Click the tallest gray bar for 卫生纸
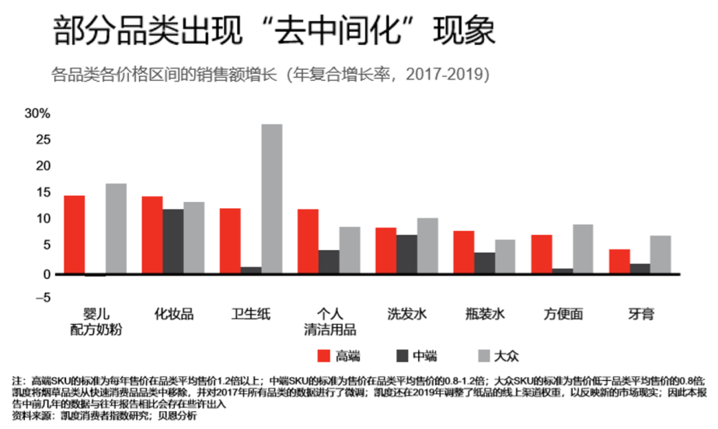click(x=272, y=199)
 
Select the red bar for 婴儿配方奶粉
click(x=74, y=234)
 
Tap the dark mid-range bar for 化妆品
click(x=173, y=241)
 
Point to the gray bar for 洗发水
click(x=427, y=246)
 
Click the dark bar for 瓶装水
click(x=485, y=263)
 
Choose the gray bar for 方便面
click(x=583, y=249)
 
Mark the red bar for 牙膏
click(x=619, y=261)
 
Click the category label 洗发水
click(x=407, y=315)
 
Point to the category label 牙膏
click(x=641, y=315)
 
